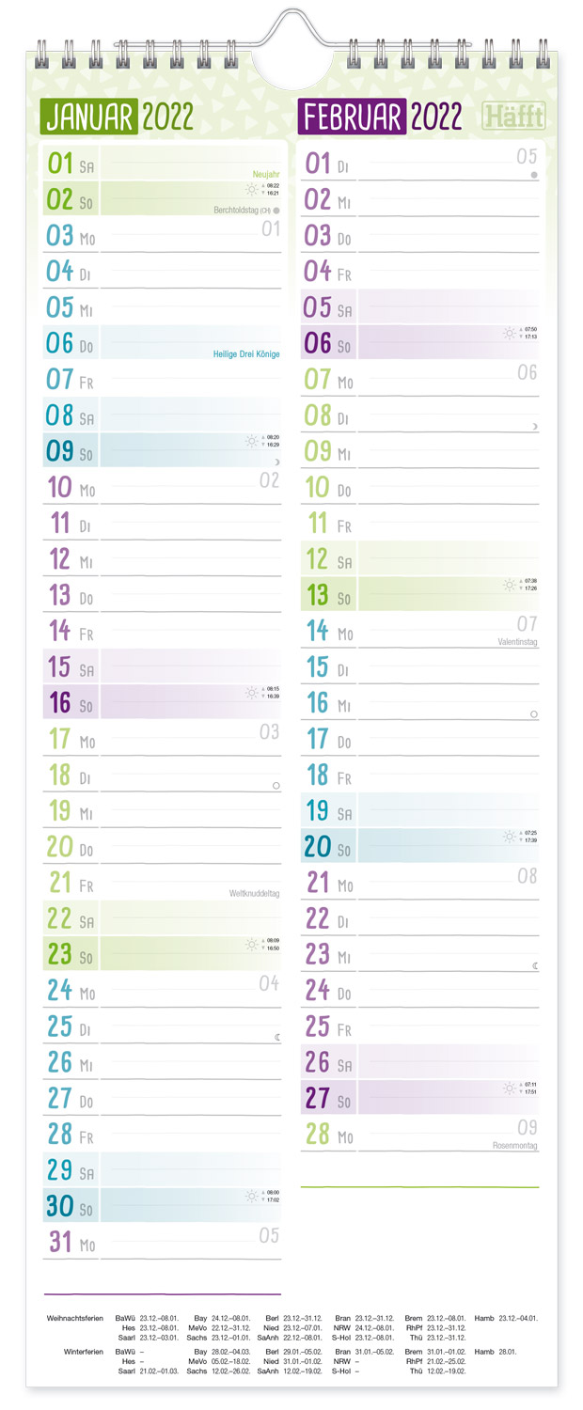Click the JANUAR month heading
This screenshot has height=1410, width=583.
coord(91,117)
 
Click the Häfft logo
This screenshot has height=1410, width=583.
coord(513,117)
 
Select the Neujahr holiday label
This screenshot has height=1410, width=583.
coord(266,175)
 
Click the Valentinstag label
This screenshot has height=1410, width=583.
coord(517,642)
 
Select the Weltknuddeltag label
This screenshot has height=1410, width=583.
coord(254,894)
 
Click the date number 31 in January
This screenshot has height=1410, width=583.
coord(60,1242)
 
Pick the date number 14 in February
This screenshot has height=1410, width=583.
coord(318,630)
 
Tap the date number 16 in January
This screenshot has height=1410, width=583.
coord(60,702)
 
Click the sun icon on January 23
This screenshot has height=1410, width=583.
coord(252,945)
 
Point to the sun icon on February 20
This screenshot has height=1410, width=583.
coord(509,837)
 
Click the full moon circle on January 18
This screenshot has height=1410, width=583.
coord(276,785)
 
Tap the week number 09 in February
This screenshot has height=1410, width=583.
coord(527,1127)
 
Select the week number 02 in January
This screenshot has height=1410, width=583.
coord(269,480)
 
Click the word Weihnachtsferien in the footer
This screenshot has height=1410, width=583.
coord(74,1319)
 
